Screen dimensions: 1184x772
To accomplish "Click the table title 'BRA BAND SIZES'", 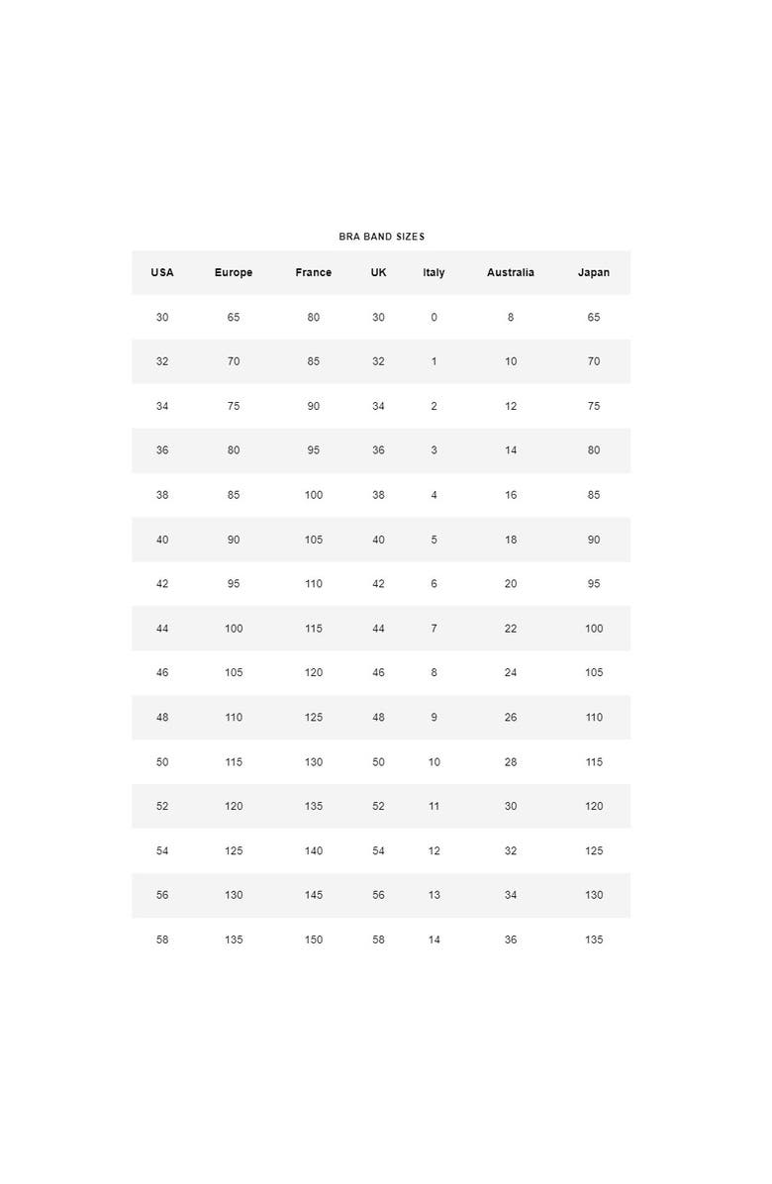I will point(381,237).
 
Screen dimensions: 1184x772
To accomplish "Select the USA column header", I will point(162,272).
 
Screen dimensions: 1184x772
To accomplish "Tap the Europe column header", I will point(234,272).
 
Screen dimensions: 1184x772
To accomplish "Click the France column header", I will point(313,272).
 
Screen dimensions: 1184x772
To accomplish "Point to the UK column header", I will point(378,272).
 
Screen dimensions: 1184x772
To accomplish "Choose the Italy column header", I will point(434,272).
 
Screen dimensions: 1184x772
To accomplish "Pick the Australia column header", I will point(510,272).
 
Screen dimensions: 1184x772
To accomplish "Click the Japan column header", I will point(594,272).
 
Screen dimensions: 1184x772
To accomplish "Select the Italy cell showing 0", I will point(434,317).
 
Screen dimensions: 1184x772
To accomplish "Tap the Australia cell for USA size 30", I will point(511,317).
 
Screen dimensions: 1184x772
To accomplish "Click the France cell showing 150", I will point(313,939).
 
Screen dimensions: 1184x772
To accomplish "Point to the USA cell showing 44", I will point(162,629).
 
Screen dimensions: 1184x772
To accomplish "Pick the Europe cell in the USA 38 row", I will point(234,495).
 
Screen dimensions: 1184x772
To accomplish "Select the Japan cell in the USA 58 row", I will point(594,939).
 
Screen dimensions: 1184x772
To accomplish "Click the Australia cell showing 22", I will point(511,629).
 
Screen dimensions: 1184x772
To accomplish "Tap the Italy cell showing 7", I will point(434,629).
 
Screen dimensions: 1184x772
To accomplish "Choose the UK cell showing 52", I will point(378,806).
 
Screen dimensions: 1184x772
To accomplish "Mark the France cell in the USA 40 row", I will point(313,540).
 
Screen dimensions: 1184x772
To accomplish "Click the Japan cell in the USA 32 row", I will point(594,361).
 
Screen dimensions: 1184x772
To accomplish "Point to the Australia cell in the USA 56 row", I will point(511,895).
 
